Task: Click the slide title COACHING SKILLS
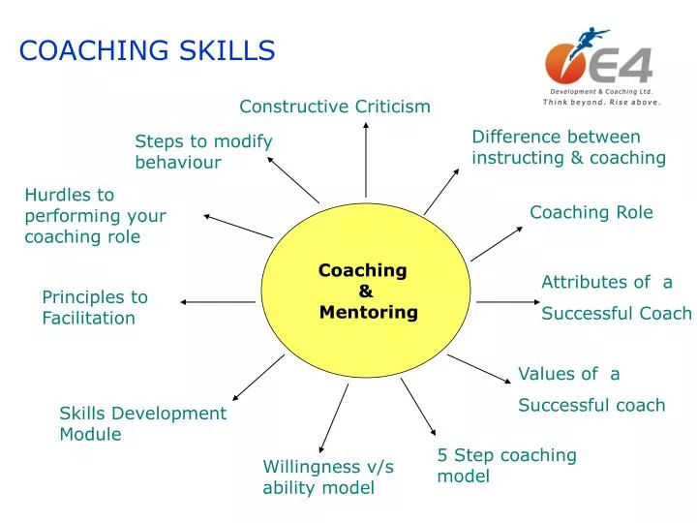[x=147, y=50]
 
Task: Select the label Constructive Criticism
[x=335, y=107]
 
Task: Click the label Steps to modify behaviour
[x=203, y=152]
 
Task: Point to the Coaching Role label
[x=591, y=212]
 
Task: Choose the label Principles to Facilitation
[x=95, y=307]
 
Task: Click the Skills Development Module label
[x=142, y=423]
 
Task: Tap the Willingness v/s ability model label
[x=328, y=477]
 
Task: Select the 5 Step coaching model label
[x=506, y=465]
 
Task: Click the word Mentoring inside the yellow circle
[x=369, y=312]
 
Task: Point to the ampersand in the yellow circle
[x=365, y=291]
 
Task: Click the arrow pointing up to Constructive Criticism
[x=366, y=160]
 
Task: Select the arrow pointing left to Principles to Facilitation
[x=218, y=302]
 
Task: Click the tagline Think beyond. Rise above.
[x=601, y=102]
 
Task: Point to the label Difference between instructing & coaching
[x=568, y=147]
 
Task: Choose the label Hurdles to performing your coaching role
[x=95, y=216]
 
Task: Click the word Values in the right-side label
[x=543, y=374]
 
